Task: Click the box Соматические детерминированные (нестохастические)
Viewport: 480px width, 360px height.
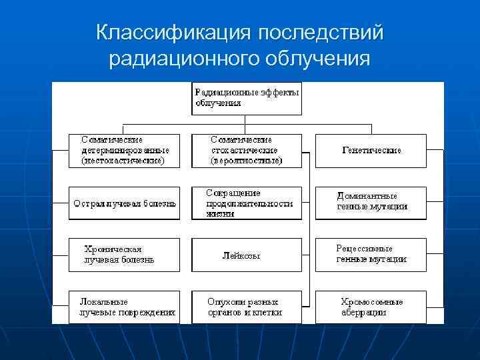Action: (x=125, y=151)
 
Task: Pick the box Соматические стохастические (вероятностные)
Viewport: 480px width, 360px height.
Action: (x=246, y=151)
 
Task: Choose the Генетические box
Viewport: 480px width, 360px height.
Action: (x=371, y=151)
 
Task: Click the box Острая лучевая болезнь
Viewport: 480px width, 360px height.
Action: (x=125, y=203)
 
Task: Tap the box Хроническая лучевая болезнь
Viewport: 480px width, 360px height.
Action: (x=125, y=255)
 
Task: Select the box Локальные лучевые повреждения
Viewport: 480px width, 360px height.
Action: (x=125, y=307)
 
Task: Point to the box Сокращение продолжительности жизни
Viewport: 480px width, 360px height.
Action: (x=246, y=203)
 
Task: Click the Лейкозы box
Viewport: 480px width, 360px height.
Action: (x=246, y=255)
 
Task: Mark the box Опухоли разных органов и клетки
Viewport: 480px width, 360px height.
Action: (x=246, y=307)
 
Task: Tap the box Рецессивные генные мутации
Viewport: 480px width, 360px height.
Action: (x=371, y=255)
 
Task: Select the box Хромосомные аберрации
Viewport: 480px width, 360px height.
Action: (x=371, y=307)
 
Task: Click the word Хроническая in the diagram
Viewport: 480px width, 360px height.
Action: (x=113, y=249)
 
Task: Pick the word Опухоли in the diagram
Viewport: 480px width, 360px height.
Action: (x=226, y=301)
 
